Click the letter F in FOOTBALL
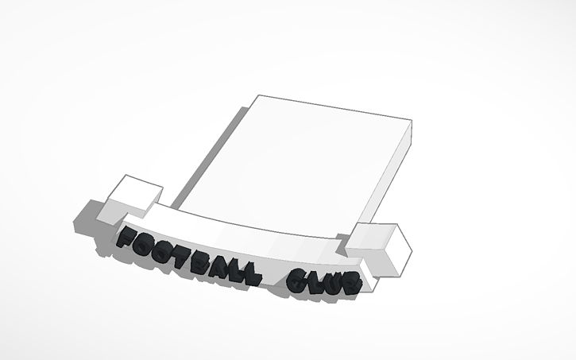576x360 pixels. (126, 238)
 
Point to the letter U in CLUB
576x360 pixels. (333, 284)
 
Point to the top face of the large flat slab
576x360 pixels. (302, 159)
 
